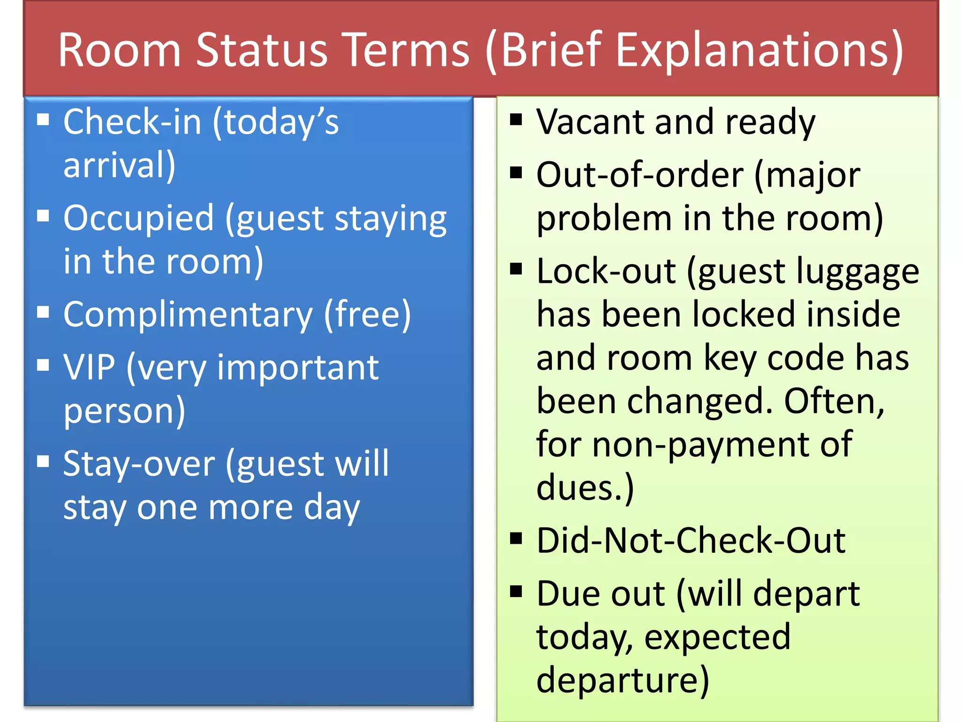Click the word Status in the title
pos(261,50)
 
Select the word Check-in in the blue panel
pos(132,122)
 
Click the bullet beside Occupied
pos(43,216)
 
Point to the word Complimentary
pos(188,315)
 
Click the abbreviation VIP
pos(89,368)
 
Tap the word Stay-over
pos(139,464)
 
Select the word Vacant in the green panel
pos(590,122)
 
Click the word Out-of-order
pos(640,175)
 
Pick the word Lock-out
pos(606,272)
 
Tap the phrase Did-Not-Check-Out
pos(690,541)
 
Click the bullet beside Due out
pos(516,591)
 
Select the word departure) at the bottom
pos(623,680)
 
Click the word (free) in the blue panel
pos(367,315)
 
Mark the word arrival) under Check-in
pos(119,165)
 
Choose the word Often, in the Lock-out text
pos(834,401)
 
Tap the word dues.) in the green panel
pos(585,488)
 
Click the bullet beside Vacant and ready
pos(516,120)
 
